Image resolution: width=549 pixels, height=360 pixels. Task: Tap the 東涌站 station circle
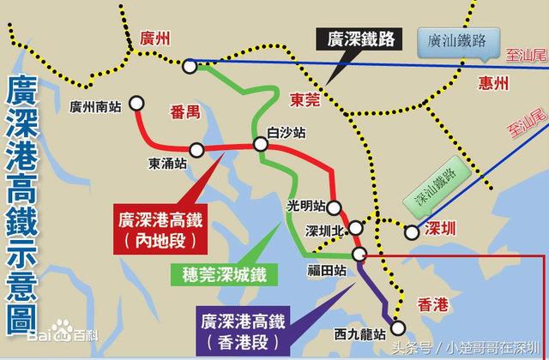click(x=196, y=150)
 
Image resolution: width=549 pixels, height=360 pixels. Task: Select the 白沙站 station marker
click(x=261, y=145)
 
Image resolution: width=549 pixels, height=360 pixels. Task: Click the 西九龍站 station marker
click(x=397, y=326)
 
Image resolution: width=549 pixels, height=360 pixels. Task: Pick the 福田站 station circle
click(x=361, y=253)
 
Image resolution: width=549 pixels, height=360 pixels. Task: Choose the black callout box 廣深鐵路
click(x=361, y=39)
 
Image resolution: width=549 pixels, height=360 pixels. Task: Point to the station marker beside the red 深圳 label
click(x=412, y=231)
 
